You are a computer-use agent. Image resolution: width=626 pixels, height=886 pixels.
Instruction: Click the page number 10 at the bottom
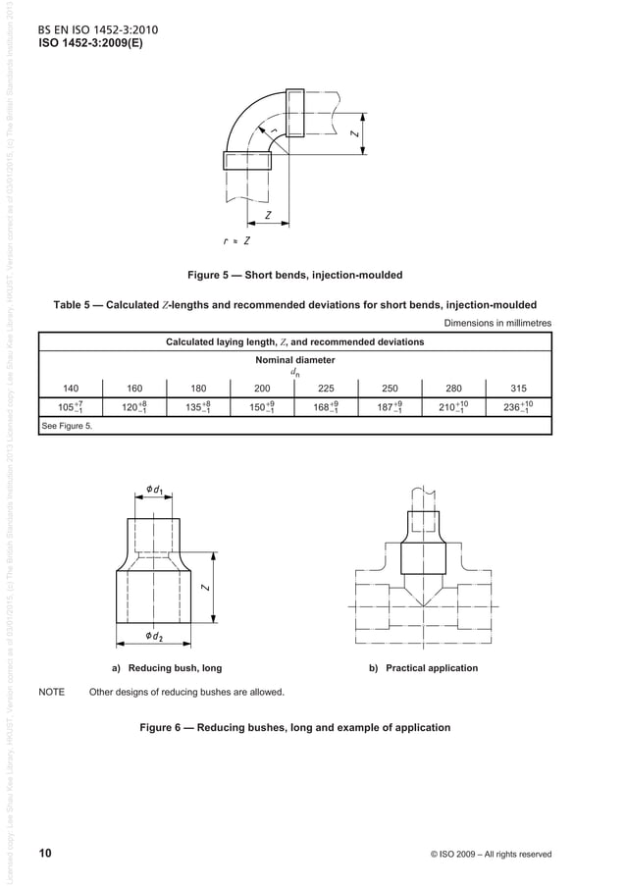click(x=45, y=853)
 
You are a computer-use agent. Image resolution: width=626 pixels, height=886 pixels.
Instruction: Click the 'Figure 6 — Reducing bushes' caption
click(x=295, y=728)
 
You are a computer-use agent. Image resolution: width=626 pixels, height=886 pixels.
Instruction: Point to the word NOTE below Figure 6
click(x=51, y=693)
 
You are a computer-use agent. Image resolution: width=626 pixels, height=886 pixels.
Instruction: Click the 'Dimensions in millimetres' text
click(x=497, y=323)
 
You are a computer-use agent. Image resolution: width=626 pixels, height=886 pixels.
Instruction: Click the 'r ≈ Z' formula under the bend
click(x=235, y=240)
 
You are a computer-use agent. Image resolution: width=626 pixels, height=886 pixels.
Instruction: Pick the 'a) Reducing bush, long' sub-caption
click(x=166, y=668)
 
